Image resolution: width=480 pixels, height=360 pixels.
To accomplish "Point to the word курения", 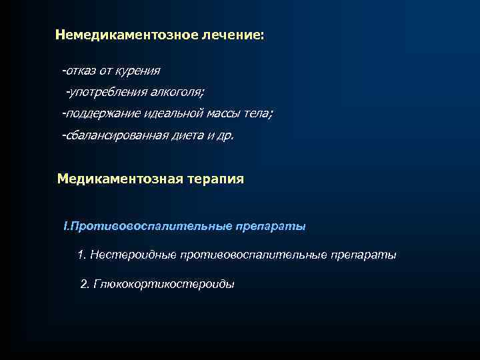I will (137, 69).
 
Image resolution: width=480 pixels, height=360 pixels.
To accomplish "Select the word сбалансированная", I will (113, 135).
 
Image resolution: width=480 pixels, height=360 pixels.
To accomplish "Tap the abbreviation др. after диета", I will (225, 135).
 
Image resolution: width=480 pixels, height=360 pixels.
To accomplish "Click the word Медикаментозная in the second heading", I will (117, 179).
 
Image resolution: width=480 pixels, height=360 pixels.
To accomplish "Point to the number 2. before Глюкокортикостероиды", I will (85, 284).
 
